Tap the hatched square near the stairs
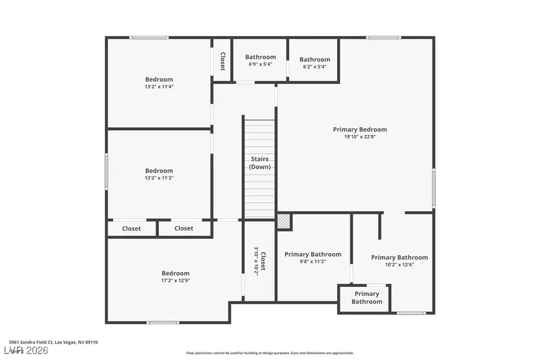[x=284, y=222]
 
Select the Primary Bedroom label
[x=360, y=129]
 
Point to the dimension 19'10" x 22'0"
[x=360, y=137]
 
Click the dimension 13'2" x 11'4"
[x=159, y=86]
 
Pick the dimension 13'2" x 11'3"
[x=159, y=178]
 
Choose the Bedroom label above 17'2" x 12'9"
[x=175, y=273]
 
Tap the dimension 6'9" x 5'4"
[x=260, y=64]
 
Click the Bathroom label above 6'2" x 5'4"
[x=314, y=59]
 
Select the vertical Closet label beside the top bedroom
[x=222, y=61]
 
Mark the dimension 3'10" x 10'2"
[x=256, y=261]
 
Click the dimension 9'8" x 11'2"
[x=313, y=262]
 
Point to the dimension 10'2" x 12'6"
[x=399, y=265]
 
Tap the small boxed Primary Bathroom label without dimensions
[x=366, y=298]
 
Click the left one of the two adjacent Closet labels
[x=131, y=229]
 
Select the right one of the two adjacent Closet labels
[x=184, y=228]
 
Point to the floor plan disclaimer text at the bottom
[x=270, y=353]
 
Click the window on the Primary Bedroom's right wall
[x=433, y=188]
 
